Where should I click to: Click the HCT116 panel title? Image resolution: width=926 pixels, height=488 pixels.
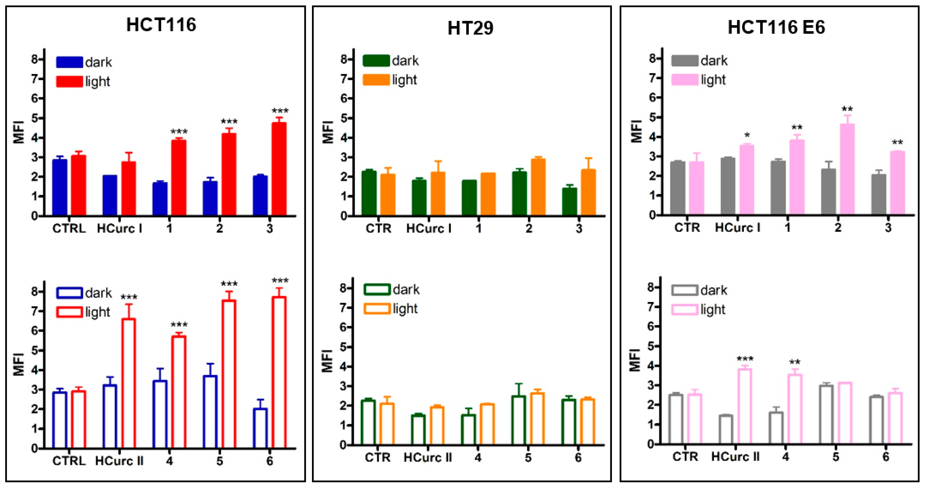[161, 25]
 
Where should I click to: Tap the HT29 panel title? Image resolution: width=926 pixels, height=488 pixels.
[470, 28]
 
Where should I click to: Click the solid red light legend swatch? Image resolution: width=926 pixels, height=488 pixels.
[69, 81]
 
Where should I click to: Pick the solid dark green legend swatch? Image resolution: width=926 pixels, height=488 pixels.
[376, 61]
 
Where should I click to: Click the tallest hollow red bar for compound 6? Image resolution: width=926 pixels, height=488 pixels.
[279, 372]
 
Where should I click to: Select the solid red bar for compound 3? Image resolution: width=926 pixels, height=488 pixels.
[279, 169]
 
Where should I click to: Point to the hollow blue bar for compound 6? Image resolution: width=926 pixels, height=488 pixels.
[260, 428]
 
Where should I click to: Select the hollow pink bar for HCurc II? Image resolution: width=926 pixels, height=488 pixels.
[745, 406]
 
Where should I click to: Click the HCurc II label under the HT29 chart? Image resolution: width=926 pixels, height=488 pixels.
[428, 458]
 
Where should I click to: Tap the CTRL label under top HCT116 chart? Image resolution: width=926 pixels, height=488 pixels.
[69, 228]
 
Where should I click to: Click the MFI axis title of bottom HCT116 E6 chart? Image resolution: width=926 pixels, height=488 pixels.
[635, 360]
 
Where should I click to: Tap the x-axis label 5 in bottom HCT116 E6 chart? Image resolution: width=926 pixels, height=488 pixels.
[835, 457]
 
